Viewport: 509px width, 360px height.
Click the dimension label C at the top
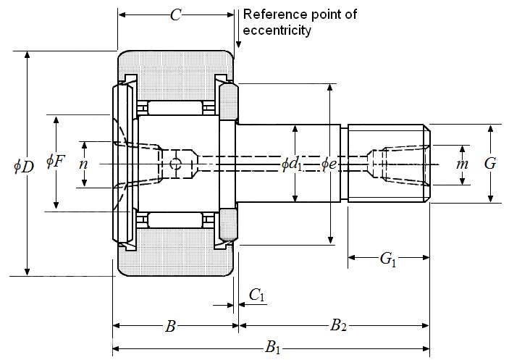[x=176, y=15]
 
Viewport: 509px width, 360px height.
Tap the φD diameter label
[x=24, y=167]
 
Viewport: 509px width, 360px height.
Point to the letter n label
[x=84, y=164]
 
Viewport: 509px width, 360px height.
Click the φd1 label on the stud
[x=292, y=164]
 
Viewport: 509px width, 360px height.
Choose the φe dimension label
[x=329, y=164]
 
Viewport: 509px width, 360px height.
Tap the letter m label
[x=462, y=164]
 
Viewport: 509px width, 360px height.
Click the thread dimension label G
[x=490, y=163]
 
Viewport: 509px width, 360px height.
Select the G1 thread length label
[x=388, y=259]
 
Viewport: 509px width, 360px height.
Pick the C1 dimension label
[x=257, y=296]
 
